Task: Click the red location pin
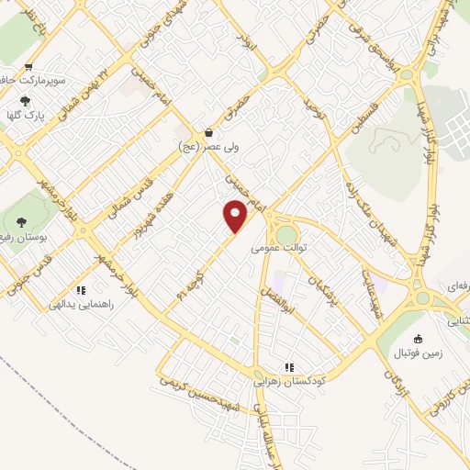(x=236, y=216)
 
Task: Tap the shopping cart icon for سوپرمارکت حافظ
(x=28, y=66)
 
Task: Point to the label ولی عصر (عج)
(x=207, y=146)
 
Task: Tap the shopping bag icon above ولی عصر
(x=209, y=132)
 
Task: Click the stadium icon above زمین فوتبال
(x=419, y=340)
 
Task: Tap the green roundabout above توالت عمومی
(x=286, y=235)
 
